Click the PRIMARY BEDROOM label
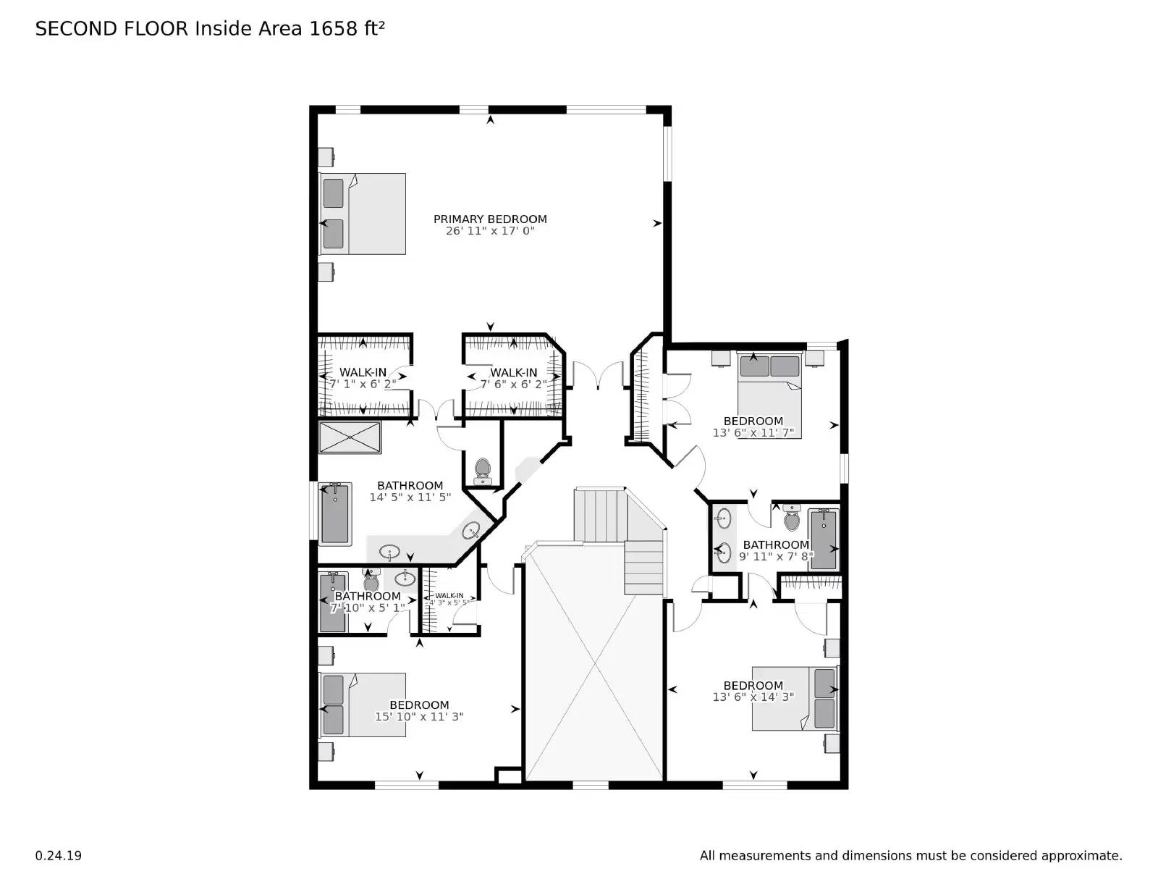pos(490,219)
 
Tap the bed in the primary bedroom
pos(363,214)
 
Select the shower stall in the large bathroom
pos(350,437)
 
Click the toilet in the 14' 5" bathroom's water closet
pos(482,471)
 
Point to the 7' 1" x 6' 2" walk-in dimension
pos(363,385)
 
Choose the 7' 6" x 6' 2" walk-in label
pos(513,373)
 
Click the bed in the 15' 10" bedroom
pos(363,705)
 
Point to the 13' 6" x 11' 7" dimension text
pos(753,433)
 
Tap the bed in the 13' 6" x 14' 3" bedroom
pos(794,698)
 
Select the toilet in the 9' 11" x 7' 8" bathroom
pos(792,518)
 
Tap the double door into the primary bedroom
pos(598,375)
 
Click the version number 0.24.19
pos(58,856)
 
